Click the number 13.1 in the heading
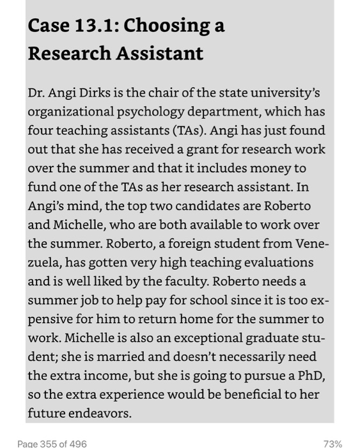tap(93, 26)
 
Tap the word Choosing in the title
tap(164, 26)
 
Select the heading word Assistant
tap(159, 52)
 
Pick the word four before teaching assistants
tap(41, 131)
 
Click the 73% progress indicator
tap(332, 443)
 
